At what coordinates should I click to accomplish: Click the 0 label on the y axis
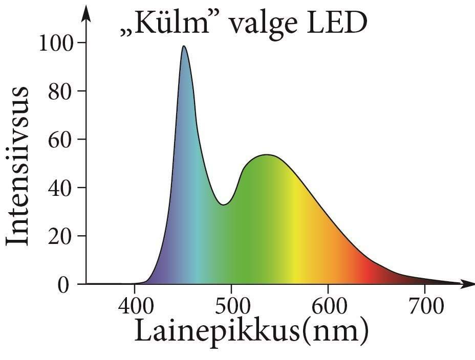coord(63,284)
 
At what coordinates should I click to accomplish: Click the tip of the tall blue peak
coord(183,47)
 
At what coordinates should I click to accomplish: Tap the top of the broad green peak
coord(267,155)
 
